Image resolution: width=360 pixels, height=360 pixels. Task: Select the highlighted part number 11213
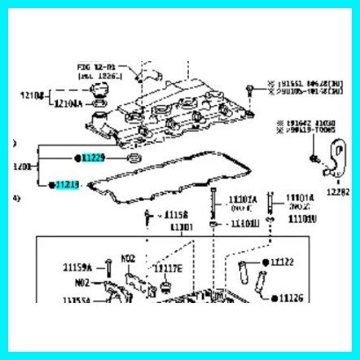68,186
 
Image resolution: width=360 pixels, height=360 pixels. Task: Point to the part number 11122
285,262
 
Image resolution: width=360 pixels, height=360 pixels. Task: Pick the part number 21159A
79,266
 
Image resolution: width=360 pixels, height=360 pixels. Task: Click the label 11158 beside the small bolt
176,216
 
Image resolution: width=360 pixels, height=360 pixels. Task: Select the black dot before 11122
265,262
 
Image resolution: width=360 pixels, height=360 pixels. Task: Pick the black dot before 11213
50,186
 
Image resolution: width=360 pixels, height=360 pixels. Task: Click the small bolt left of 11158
147,217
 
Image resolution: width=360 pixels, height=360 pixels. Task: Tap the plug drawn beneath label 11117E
165,288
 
